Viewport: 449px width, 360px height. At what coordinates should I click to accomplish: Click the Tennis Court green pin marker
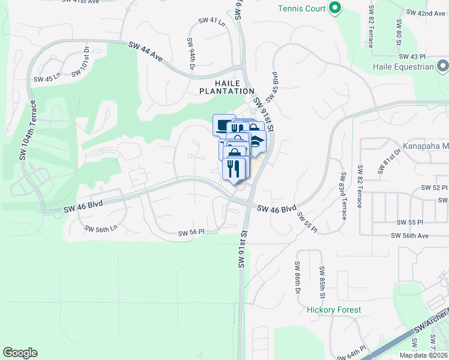335,8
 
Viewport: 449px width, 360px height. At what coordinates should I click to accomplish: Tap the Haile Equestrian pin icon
443,66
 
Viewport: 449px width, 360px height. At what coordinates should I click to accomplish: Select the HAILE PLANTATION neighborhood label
227,87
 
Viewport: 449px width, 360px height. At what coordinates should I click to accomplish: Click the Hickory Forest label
334,310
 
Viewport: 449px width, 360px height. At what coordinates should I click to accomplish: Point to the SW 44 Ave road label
146,52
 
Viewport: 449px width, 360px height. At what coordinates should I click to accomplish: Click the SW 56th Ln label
101,229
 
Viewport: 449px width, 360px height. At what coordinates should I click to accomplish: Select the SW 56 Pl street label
191,232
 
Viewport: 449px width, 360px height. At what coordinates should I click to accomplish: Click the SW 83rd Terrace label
343,195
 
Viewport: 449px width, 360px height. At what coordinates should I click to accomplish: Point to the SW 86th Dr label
297,277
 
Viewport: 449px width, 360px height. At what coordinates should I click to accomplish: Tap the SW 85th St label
322,282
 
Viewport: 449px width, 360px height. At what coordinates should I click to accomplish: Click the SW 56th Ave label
410,236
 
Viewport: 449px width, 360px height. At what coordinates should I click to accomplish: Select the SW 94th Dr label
191,54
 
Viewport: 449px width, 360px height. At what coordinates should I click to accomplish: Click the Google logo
20,352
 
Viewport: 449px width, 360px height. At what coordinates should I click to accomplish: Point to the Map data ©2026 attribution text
423,355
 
